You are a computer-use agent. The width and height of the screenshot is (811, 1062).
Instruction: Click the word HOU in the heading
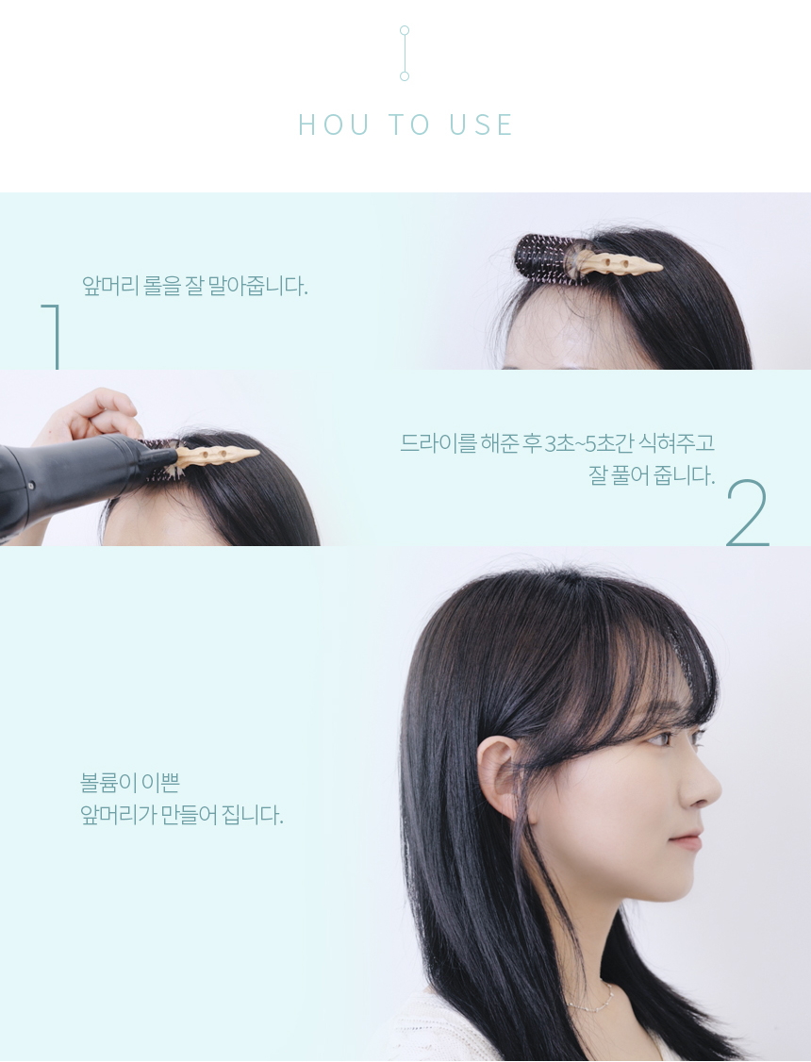click(334, 124)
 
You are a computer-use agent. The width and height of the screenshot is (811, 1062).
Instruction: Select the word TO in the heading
click(409, 124)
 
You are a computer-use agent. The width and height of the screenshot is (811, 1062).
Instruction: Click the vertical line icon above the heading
click(405, 53)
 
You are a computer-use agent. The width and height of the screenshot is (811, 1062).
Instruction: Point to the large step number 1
click(53, 336)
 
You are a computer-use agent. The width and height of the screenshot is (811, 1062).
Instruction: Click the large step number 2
click(748, 512)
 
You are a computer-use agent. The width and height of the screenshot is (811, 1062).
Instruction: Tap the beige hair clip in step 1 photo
click(612, 263)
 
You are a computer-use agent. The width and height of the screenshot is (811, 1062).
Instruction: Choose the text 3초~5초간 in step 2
click(590, 443)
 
